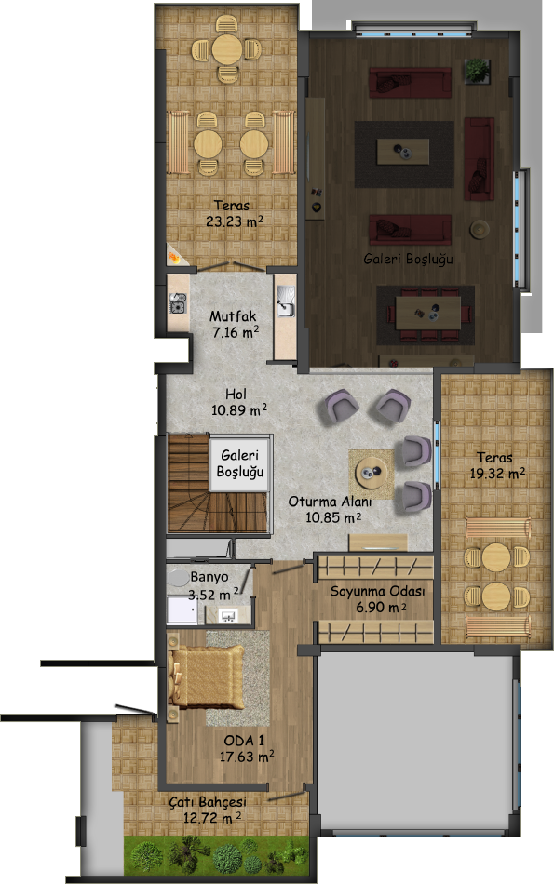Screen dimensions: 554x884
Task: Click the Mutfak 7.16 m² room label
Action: coord(234,324)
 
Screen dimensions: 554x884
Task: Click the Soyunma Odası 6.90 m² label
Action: coord(377,598)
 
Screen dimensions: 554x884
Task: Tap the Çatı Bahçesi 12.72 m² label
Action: coord(209,809)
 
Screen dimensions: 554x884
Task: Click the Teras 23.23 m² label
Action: coord(234,214)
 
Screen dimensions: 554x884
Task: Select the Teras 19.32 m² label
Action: coord(497,465)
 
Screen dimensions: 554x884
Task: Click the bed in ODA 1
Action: coord(206,677)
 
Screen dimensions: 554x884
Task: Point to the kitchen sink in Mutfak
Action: coord(286,301)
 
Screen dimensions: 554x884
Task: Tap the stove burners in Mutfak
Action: coord(178,302)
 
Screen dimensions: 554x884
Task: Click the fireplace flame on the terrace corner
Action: coord(174,258)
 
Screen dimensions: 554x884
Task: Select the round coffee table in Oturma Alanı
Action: coord(372,472)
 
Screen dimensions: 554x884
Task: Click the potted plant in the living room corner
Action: coord(478,71)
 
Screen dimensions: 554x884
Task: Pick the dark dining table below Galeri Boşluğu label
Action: coord(427,313)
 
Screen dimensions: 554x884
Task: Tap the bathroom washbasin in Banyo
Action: coord(228,614)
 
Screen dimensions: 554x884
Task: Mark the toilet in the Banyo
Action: coord(178,578)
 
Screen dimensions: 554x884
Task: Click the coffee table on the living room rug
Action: coord(403,152)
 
